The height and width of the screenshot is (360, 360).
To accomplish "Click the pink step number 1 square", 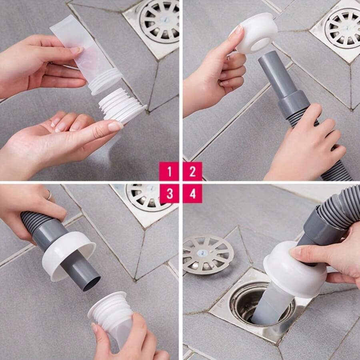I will [x=169, y=172].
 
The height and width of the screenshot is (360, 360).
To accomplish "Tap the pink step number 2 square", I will [x=192, y=172].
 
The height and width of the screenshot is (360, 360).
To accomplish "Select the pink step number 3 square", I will [x=169, y=194].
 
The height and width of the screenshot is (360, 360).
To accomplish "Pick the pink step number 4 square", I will [x=192, y=194].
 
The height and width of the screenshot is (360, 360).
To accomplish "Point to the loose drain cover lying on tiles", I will [x=208, y=254].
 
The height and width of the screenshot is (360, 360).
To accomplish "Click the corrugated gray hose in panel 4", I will [x=340, y=212].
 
